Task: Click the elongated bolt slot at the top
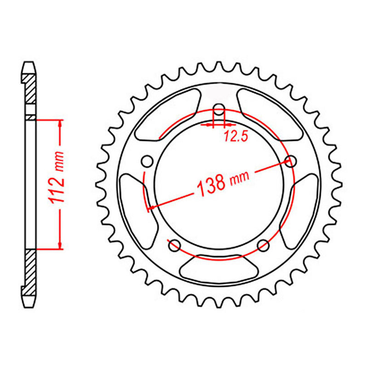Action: pyautogui.click(x=219, y=113)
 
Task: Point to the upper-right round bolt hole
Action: pyautogui.click(x=290, y=161)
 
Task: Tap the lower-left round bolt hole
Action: pyautogui.click(x=174, y=246)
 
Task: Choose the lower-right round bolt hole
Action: pyautogui.click(x=263, y=245)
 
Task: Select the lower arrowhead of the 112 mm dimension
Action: pyautogui.click(x=60, y=246)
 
